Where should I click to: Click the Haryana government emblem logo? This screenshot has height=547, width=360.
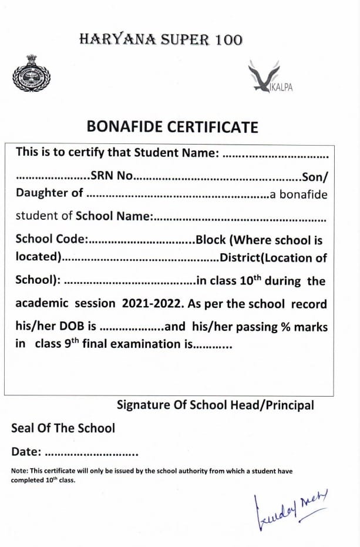[31, 74]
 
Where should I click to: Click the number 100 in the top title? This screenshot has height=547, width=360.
[226, 40]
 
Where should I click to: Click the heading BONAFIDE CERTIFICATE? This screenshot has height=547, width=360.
[172, 127]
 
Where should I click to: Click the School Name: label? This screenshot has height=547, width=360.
[115, 216]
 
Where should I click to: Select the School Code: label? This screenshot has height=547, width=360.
[52, 240]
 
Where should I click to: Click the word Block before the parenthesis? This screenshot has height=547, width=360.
[211, 240]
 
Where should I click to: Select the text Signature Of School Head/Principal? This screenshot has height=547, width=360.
[215, 405]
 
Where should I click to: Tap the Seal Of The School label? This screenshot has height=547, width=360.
[63, 428]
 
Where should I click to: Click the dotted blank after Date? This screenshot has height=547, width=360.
[91, 454]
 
